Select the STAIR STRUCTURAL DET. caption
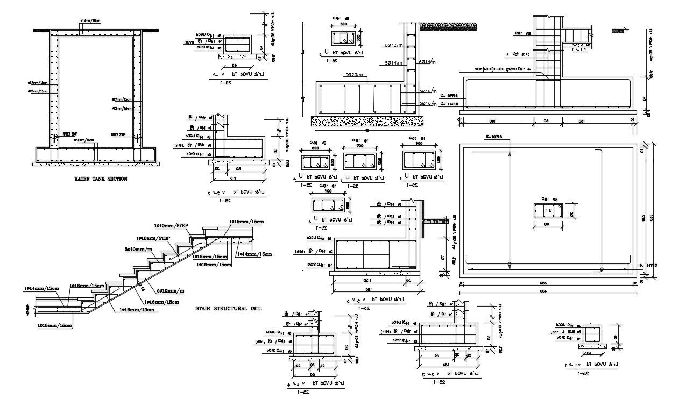click(229, 309)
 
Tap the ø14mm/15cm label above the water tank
click(89, 21)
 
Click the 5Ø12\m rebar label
click(395, 45)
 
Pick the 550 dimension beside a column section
click(380, 161)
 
